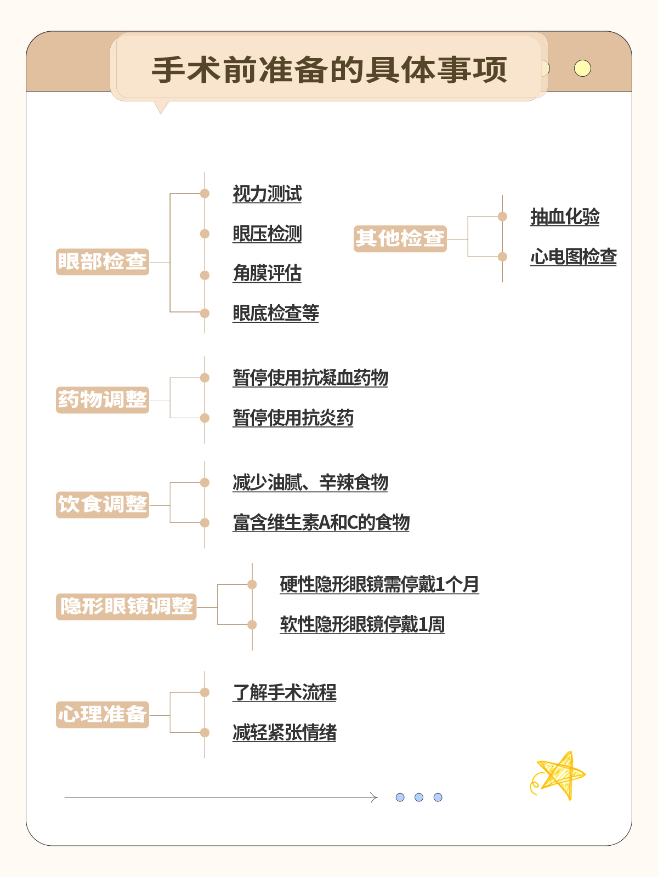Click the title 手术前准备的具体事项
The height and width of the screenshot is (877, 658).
pos(329,70)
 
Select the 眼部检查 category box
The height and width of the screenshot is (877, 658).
pos(103,261)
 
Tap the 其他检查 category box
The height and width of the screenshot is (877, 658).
pos(400,238)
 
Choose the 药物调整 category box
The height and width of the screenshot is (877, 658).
pos(103,400)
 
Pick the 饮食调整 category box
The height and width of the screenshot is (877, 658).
pos(103,505)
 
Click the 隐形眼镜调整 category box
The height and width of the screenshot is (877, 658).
pos(126,607)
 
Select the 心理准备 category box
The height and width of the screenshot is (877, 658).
pos(103,714)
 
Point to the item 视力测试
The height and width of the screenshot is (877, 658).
pos(267,194)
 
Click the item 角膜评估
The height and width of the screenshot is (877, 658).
pos(267,274)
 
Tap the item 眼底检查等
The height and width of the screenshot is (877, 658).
pos(276,313)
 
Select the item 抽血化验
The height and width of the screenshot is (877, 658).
pos(565,217)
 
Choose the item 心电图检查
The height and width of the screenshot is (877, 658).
pos(574,257)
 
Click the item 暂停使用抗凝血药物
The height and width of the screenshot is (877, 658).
pos(310,378)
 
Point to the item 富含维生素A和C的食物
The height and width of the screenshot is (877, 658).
pos(321,522)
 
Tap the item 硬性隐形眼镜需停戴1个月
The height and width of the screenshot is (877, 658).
pos(379,584)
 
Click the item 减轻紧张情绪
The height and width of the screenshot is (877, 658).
pos(284,732)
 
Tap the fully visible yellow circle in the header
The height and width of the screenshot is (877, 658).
pos(582,69)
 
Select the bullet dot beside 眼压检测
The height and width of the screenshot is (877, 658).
pos(205,234)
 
